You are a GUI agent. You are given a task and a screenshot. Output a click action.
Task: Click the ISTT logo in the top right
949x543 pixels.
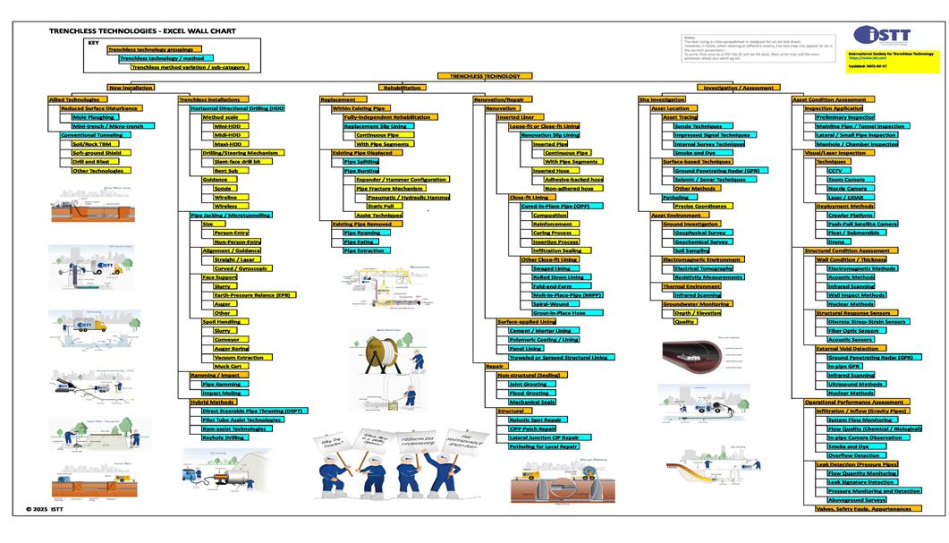click(882, 36)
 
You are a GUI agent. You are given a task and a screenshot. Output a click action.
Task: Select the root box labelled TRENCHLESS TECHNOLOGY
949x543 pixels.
click(479, 77)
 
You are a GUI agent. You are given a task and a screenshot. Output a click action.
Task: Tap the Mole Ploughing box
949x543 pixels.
click(94, 116)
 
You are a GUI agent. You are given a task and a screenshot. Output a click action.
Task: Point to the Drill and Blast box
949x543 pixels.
click(89, 162)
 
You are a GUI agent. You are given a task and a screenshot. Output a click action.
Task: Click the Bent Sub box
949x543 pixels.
click(225, 170)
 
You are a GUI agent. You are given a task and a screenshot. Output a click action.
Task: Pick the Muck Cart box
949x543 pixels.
click(227, 366)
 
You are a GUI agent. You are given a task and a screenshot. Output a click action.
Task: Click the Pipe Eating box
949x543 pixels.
click(360, 242)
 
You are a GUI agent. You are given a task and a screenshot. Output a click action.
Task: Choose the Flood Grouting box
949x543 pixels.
click(529, 393)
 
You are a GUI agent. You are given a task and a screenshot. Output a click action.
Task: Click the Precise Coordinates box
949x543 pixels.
click(700, 206)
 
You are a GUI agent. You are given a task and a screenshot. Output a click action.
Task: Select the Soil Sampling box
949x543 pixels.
click(691, 250)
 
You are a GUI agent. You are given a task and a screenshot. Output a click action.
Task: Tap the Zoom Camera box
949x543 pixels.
click(845, 179)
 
